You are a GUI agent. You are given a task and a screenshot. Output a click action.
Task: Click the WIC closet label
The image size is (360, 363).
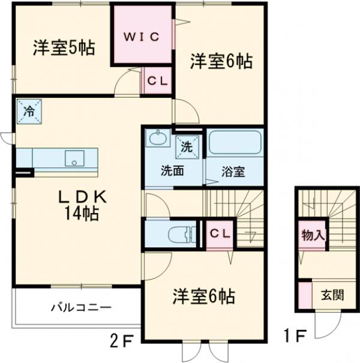pyautogui.click(x=142, y=37)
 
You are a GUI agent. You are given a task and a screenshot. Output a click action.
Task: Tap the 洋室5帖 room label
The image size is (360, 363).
pyautogui.click(x=63, y=48)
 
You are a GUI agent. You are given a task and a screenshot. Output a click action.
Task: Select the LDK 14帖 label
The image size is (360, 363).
pyautogui.click(x=82, y=204)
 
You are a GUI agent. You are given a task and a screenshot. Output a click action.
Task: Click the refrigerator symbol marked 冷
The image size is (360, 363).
pyautogui.click(x=28, y=110)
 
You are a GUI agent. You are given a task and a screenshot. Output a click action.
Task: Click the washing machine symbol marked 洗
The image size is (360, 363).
pyautogui.click(x=186, y=145)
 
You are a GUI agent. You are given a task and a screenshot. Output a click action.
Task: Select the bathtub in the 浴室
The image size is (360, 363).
pyautogui.click(x=236, y=145)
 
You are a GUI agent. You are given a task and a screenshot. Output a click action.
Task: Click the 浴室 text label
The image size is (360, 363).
pyautogui.click(x=234, y=171)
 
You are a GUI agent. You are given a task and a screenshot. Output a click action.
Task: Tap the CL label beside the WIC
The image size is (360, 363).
pyautogui.click(x=158, y=80)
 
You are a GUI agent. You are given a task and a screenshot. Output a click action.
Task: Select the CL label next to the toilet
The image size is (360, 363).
pyautogui.click(x=219, y=235)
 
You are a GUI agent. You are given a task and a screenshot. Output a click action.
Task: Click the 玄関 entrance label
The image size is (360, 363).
pyautogui.click(x=332, y=295)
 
